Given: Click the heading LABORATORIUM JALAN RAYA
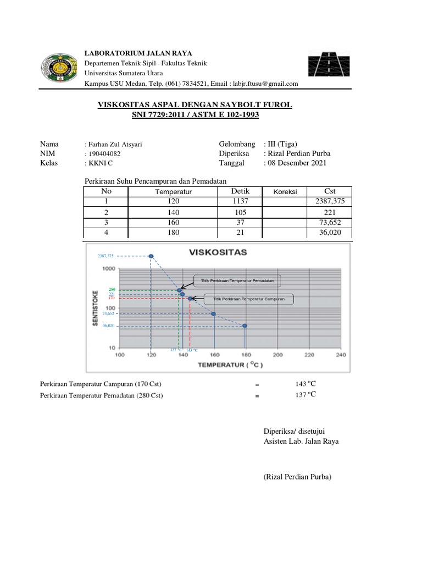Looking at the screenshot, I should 137,53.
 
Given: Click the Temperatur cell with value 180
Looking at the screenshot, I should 174,233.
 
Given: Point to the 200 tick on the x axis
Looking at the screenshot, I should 278,355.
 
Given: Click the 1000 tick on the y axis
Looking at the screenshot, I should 108,269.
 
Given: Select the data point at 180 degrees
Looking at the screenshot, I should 245,325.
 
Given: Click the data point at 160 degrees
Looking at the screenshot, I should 213,314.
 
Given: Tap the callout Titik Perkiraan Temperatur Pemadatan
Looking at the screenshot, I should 237,280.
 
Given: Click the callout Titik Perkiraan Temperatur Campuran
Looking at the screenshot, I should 248,299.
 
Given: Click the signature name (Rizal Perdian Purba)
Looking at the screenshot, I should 298,477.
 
